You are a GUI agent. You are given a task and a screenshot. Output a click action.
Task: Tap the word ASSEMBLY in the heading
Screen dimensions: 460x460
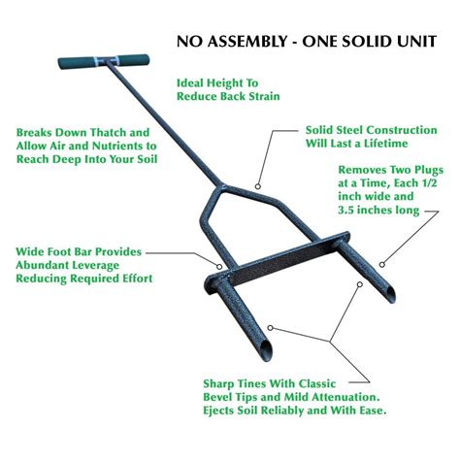250,43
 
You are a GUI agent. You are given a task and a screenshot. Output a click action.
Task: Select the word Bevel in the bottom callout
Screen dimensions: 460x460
221,397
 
